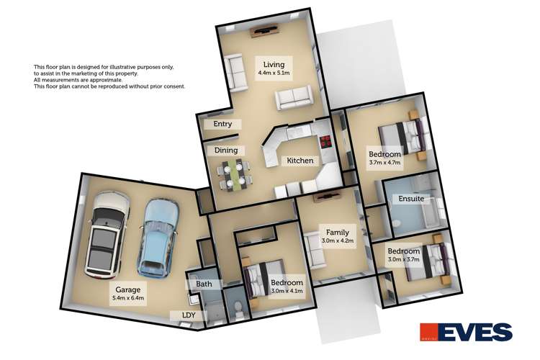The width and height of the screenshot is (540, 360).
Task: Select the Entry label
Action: point(222,125)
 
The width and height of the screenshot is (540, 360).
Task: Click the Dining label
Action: point(225,150)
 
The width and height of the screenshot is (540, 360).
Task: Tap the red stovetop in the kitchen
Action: point(325,141)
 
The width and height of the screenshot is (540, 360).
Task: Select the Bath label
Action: point(204,284)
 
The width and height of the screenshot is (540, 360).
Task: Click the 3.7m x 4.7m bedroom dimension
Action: point(384,163)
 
